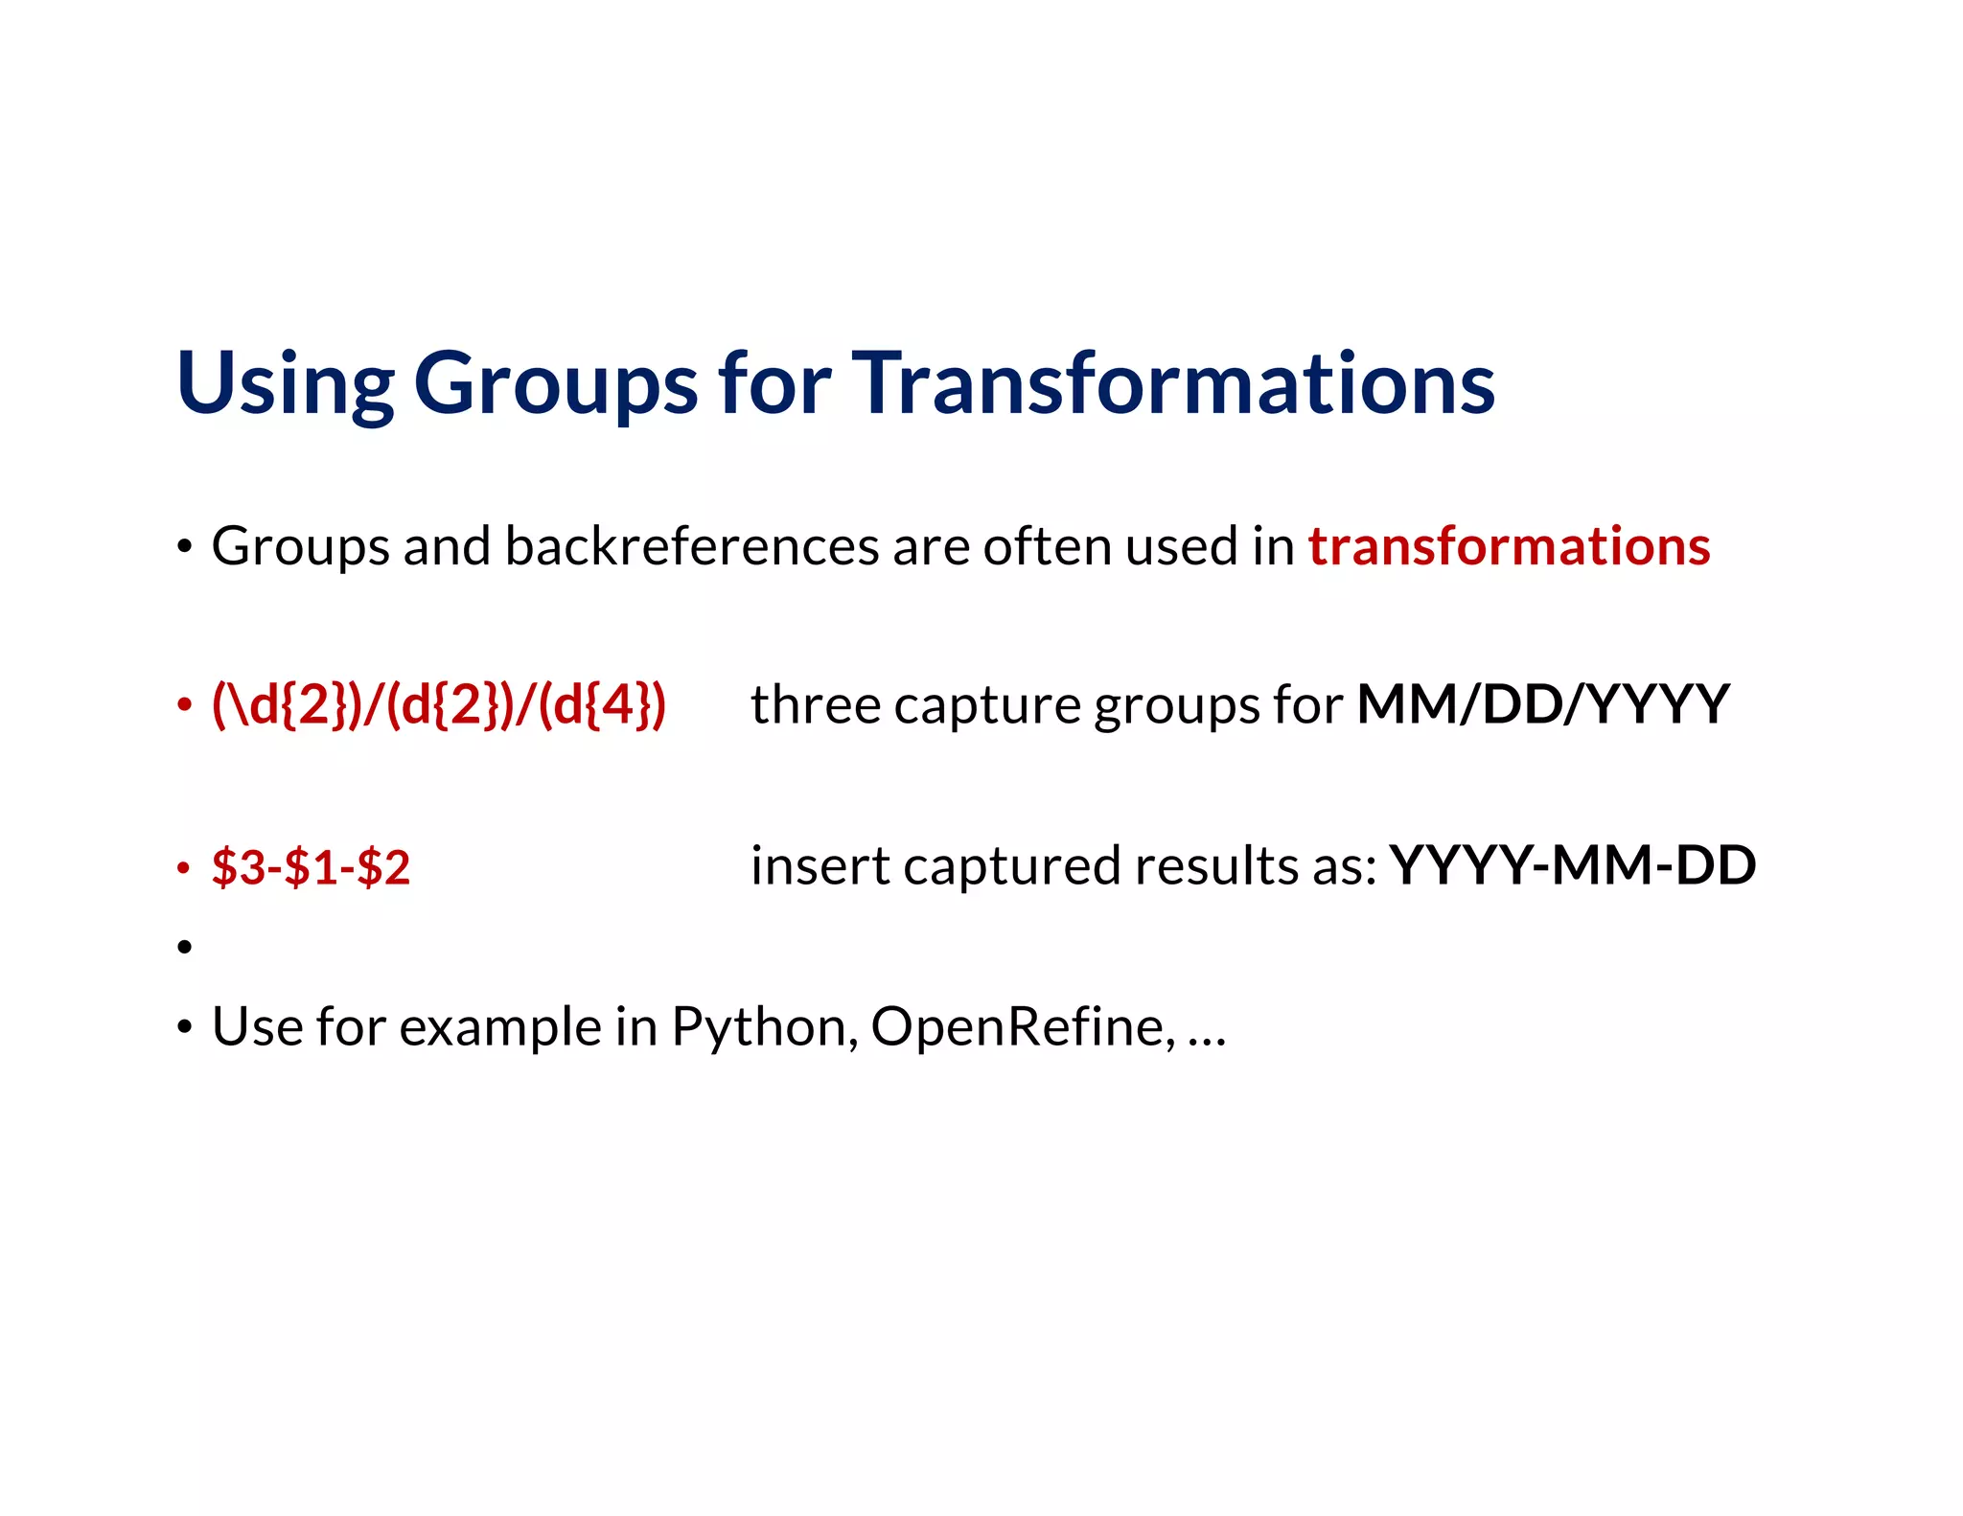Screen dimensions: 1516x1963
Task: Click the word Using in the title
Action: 285,383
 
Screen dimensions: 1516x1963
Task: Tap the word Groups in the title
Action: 555,383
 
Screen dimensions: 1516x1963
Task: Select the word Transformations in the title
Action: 1173,383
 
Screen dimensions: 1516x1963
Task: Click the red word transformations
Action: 1509,546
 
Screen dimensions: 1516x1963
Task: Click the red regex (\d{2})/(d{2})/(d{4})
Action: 438,705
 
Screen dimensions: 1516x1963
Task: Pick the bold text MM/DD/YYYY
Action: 1542,705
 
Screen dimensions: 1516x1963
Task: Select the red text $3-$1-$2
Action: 311,867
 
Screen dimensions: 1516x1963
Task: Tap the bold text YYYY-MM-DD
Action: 1572,865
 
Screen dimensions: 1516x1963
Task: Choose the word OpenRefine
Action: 1022,1027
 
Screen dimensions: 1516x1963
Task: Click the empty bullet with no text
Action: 185,948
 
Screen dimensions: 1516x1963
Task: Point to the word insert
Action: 820,865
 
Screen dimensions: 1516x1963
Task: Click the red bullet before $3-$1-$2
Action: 185,868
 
